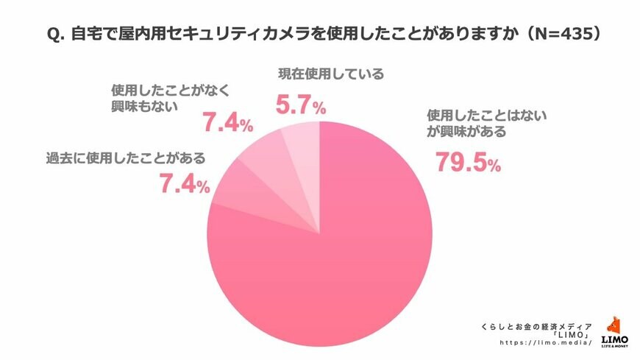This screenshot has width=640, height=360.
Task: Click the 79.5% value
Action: [x=468, y=161]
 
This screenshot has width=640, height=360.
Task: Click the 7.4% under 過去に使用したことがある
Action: [x=185, y=184]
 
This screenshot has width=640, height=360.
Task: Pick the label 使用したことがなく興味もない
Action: [x=150, y=98]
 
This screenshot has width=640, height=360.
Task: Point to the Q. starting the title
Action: [x=57, y=35]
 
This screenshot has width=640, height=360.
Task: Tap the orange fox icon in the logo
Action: [x=614, y=325]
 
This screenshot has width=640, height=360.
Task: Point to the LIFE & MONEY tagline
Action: [x=614, y=346]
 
